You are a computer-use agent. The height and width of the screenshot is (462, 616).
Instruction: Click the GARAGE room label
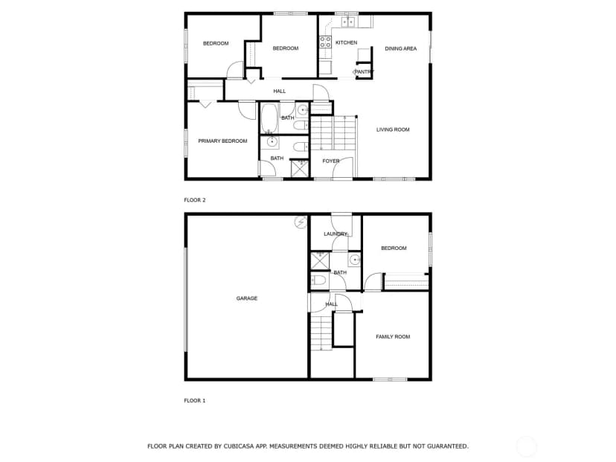tap(247, 298)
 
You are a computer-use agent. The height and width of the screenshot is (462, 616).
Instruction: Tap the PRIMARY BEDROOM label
tap(222, 141)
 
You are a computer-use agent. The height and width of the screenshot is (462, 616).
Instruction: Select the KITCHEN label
tap(346, 42)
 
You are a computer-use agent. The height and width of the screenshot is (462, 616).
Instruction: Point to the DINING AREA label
tap(401, 48)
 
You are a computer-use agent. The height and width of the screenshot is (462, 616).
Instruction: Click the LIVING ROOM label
tap(393, 129)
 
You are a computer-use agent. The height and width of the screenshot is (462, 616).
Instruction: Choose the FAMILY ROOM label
tap(393, 337)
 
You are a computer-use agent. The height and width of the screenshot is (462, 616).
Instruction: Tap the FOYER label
tap(331, 161)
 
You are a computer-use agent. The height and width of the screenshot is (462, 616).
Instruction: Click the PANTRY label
tap(365, 72)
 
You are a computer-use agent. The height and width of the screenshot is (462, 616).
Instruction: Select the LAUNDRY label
tap(336, 234)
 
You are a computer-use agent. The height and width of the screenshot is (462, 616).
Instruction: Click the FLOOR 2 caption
tap(195, 200)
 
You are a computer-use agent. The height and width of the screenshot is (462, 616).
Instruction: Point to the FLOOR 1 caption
tap(195, 401)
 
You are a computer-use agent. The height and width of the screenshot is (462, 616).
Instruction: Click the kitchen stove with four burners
tap(325, 42)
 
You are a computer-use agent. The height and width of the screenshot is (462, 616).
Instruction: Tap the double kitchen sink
tap(348, 22)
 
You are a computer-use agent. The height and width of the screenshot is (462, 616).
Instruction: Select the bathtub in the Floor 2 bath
tap(269, 118)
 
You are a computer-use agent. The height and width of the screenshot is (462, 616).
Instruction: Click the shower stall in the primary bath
tap(300, 167)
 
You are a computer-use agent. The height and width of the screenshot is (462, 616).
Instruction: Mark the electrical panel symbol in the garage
tap(301, 222)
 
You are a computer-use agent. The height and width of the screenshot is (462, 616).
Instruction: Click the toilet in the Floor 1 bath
tap(318, 280)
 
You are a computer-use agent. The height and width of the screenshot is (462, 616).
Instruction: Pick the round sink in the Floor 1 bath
tap(354, 260)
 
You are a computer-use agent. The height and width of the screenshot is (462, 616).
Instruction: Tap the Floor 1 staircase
tap(321, 331)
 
